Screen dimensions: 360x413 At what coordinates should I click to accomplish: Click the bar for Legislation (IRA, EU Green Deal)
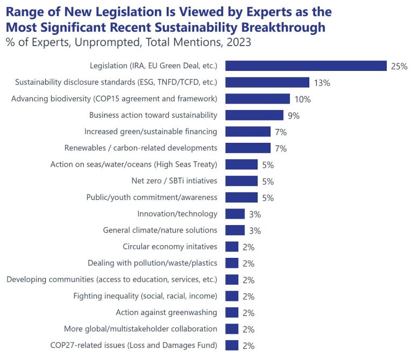click(306, 66)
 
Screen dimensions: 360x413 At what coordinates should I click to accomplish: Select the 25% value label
click(400, 66)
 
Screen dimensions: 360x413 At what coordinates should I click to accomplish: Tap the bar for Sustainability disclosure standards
click(267, 82)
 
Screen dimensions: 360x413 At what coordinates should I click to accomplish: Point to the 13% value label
click(322, 83)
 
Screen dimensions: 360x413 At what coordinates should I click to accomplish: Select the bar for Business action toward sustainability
click(254, 115)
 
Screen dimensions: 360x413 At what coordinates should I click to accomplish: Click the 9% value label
click(294, 116)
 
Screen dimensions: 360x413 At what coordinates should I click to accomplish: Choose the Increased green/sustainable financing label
click(151, 131)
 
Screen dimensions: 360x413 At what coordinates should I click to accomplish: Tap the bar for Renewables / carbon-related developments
click(248, 148)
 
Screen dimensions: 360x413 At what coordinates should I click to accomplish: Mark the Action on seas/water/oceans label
click(134, 164)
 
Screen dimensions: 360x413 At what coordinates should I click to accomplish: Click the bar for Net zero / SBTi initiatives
click(241, 181)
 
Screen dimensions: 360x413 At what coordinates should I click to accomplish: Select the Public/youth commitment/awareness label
click(152, 197)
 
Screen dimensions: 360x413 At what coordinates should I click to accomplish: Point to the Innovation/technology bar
click(235, 214)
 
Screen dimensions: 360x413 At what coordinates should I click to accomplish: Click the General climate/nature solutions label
click(160, 230)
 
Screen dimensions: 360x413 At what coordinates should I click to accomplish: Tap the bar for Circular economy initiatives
click(232, 247)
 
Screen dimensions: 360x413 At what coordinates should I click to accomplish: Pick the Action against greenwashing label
click(166, 312)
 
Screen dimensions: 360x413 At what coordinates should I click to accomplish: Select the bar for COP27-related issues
click(232, 345)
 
